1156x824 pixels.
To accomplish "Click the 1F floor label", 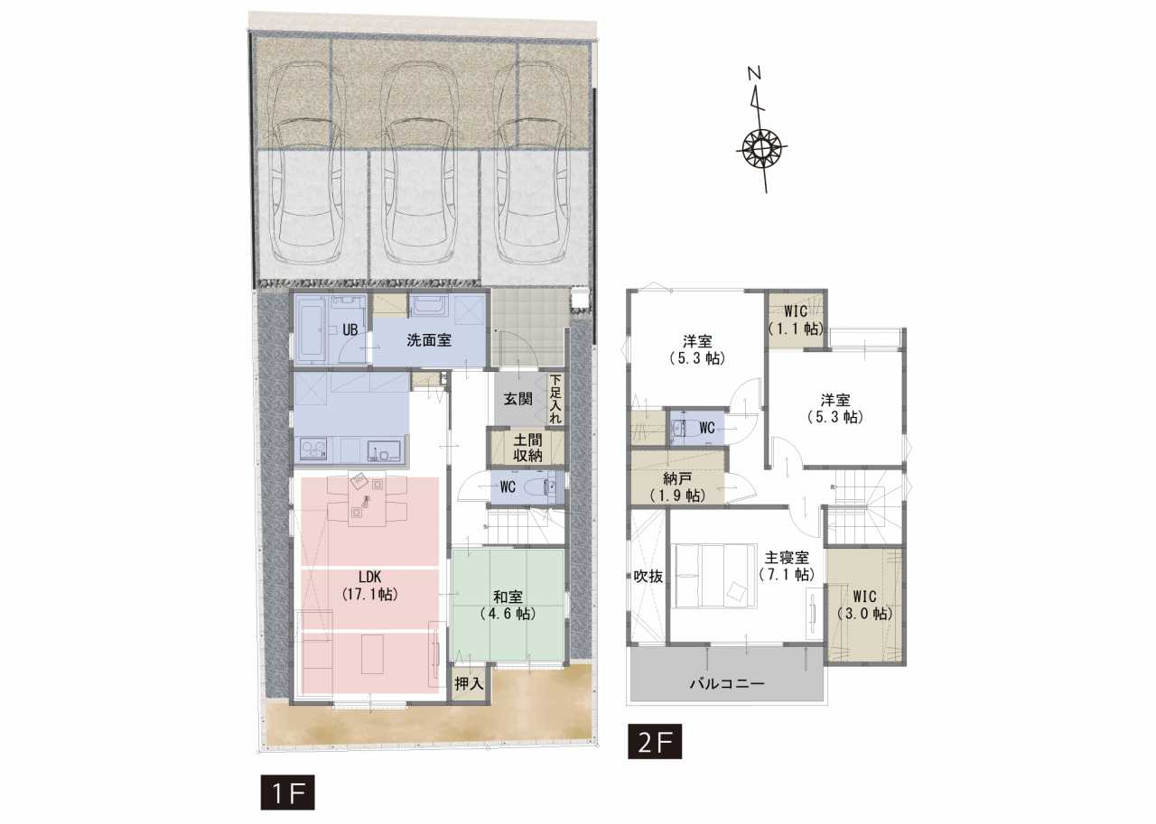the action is (287, 793).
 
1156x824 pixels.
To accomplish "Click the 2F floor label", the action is (655, 742).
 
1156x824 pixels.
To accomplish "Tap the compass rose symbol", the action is (760, 148).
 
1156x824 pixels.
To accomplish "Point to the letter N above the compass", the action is (754, 74).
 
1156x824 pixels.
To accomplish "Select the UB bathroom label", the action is (350, 330).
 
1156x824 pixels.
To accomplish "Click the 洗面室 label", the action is (429, 340).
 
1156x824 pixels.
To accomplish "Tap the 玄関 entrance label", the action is (517, 399).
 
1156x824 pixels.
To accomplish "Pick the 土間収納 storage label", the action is (527, 448).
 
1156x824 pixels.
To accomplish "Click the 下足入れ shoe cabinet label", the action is (555, 399).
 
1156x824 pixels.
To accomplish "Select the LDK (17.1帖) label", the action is (370, 585).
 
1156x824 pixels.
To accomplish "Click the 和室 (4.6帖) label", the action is (508, 605).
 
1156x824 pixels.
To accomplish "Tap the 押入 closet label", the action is (469, 684).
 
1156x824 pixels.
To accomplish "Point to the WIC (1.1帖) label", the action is (796, 319).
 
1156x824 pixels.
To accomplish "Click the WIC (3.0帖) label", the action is (864, 605).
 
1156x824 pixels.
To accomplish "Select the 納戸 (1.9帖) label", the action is (677, 487).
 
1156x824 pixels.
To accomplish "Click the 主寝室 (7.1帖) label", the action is (787, 566).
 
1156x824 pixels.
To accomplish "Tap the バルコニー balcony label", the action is (727, 684).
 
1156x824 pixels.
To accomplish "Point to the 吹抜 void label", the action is (648, 576).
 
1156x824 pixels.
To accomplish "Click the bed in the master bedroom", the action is (716, 576).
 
